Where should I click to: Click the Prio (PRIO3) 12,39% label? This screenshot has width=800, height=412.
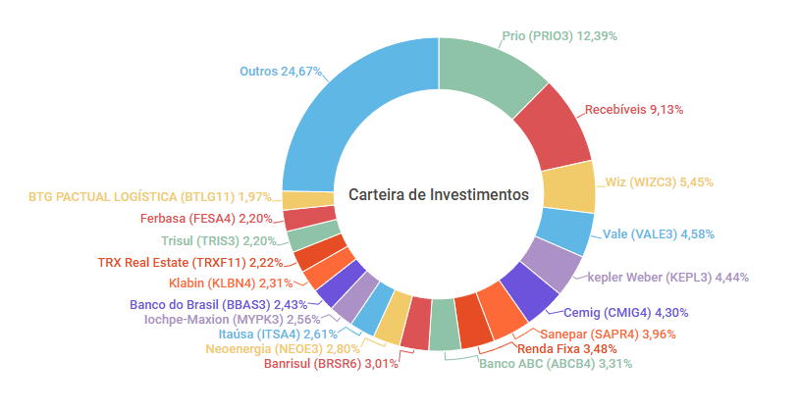560,35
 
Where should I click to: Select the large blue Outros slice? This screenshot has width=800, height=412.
344,108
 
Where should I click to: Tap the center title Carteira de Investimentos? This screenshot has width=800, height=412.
439,195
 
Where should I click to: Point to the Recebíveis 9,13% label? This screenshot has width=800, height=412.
634,109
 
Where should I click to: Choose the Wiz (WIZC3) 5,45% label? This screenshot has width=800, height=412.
659,181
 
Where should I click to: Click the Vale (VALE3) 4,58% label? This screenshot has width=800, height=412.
659,233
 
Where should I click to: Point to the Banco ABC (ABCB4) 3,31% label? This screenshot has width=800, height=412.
556,363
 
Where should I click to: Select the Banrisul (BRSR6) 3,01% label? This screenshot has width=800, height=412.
332,363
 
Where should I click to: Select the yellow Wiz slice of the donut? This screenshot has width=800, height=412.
568,185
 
